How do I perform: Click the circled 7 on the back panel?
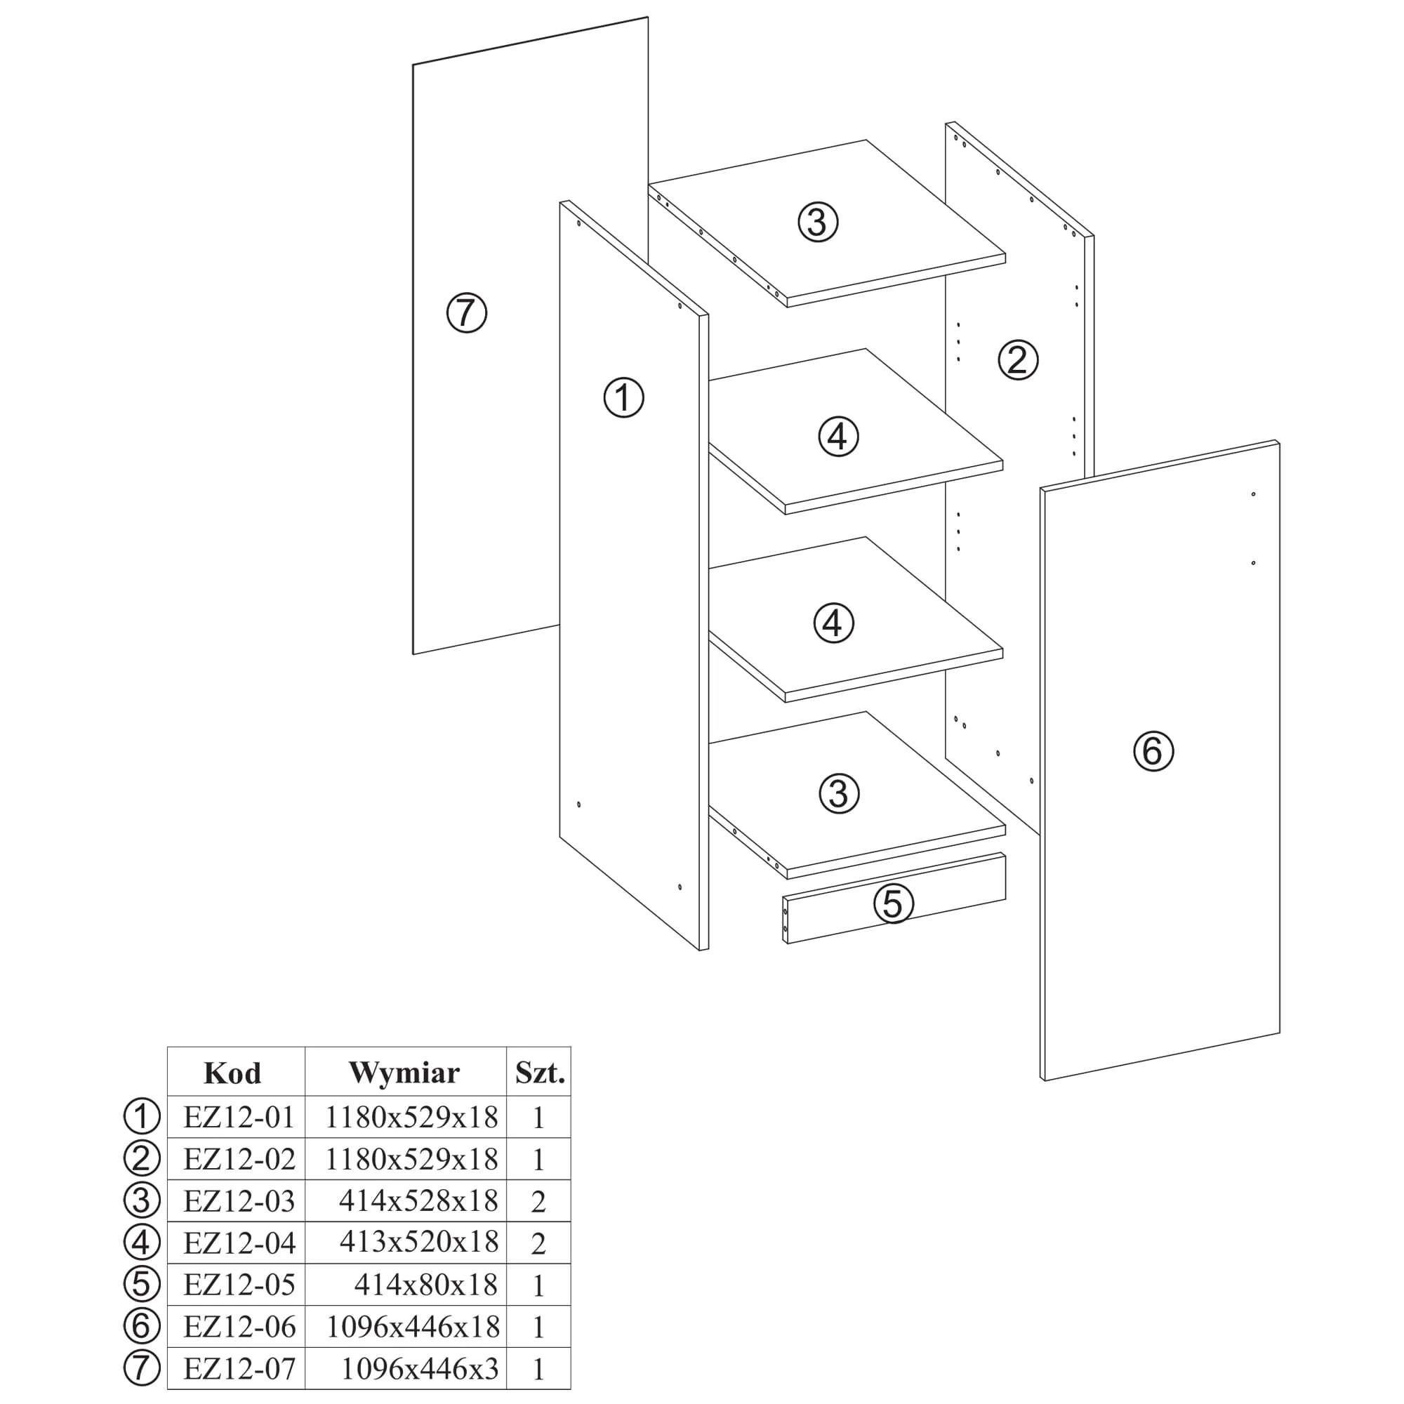pos(466,313)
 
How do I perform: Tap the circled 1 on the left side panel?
pos(623,397)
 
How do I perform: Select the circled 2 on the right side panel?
pos(1017,359)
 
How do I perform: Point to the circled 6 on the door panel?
pos(1153,750)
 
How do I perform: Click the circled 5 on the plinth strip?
pos(892,904)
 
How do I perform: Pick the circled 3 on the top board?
pos(818,222)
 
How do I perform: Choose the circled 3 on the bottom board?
pos(839,793)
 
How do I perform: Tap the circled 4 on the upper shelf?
pos(838,437)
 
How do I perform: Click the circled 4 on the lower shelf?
pos(833,623)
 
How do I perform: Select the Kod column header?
pos(232,1073)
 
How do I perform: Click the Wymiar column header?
pos(404,1073)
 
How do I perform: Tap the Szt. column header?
pos(539,1073)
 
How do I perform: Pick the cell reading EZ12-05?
pos(239,1285)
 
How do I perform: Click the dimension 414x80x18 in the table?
pos(426,1285)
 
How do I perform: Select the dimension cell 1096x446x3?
pos(419,1369)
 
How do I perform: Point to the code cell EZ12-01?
pos(239,1117)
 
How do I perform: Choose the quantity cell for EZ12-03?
pos(538,1201)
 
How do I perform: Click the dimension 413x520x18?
pos(418,1243)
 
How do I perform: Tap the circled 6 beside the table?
pos(142,1327)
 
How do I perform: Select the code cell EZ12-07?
pos(239,1369)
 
